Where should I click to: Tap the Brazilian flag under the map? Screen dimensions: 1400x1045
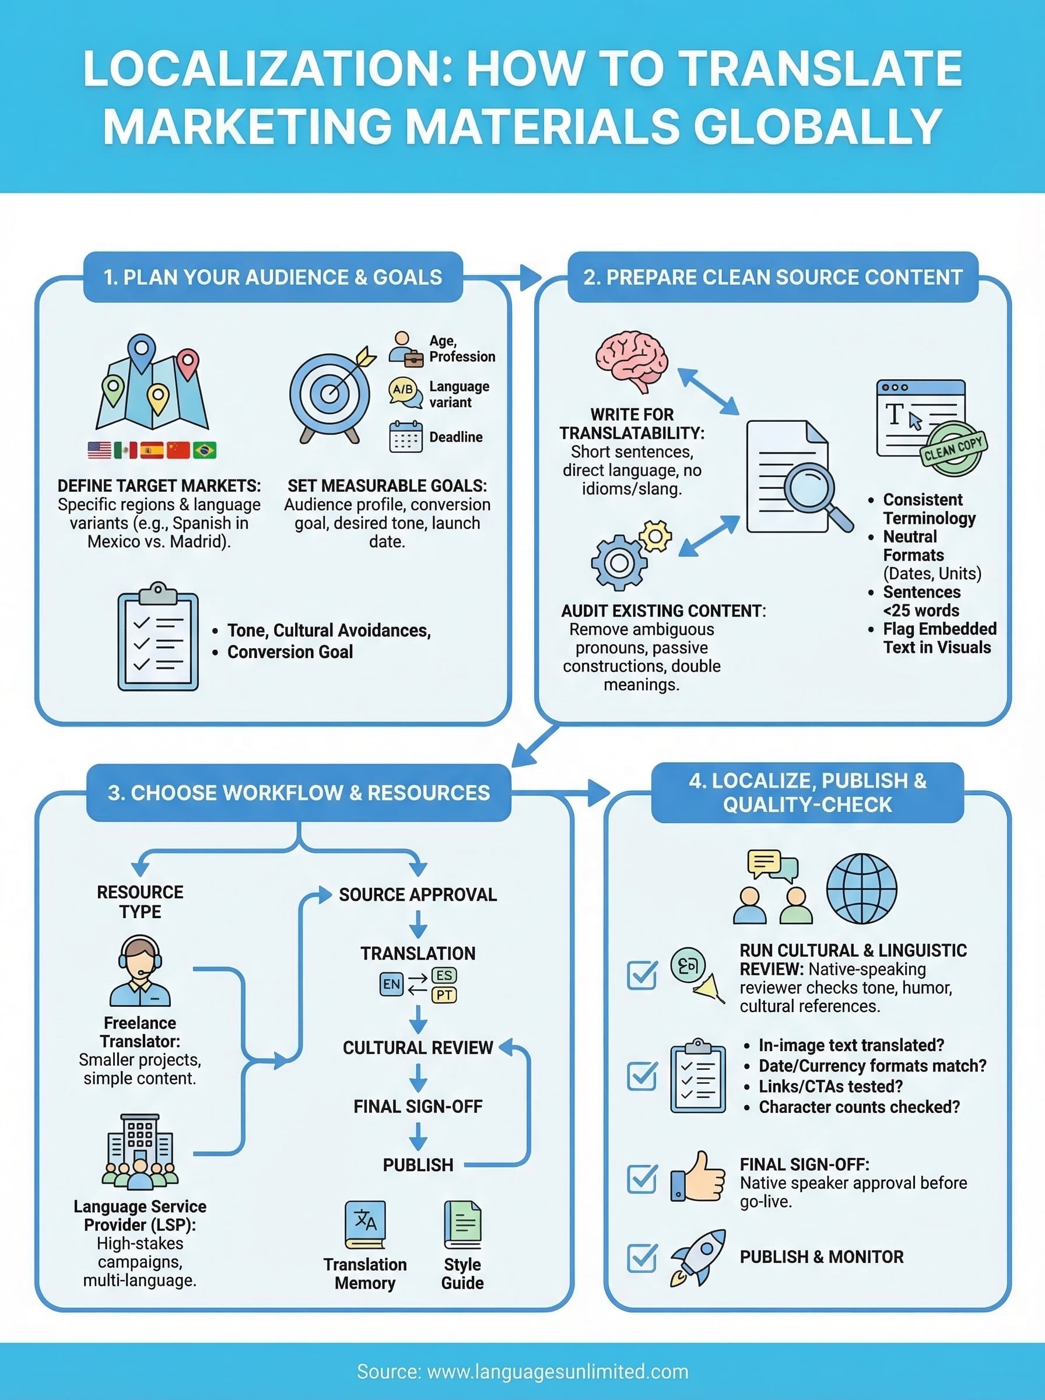[x=204, y=450]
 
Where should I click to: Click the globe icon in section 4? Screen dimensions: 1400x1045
[x=861, y=888]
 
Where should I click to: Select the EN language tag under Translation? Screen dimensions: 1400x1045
[x=391, y=984]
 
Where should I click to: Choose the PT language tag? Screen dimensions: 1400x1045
[x=444, y=995]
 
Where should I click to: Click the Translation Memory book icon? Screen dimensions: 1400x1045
[x=365, y=1224]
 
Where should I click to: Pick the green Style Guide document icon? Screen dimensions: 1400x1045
[x=462, y=1224]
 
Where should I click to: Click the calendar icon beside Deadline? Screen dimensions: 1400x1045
[x=405, y=436]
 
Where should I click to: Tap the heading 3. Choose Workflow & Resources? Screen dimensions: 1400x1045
[x=299, y=793]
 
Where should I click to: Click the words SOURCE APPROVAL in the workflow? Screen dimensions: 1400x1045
[x=418, y=894]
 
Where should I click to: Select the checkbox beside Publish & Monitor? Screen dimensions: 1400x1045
[x=641, y=1258]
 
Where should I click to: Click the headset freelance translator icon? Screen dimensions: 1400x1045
[x=140, y=971]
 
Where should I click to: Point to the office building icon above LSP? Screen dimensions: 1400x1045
[x=140, y=1151]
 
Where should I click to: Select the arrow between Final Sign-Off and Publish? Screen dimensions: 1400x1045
[x=418, y=1136]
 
